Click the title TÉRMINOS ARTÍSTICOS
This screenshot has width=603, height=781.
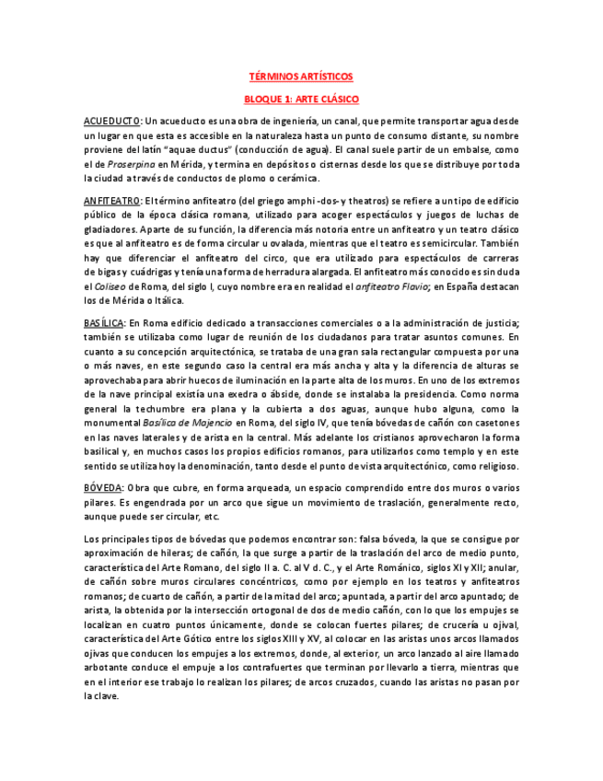click(x=301, y=77)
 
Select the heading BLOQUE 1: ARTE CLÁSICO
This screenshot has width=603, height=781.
click(x=301, y=99)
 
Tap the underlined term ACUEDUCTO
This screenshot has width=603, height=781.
click(x=111, y=121)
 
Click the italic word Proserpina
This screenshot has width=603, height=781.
click(x=127, y=164)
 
